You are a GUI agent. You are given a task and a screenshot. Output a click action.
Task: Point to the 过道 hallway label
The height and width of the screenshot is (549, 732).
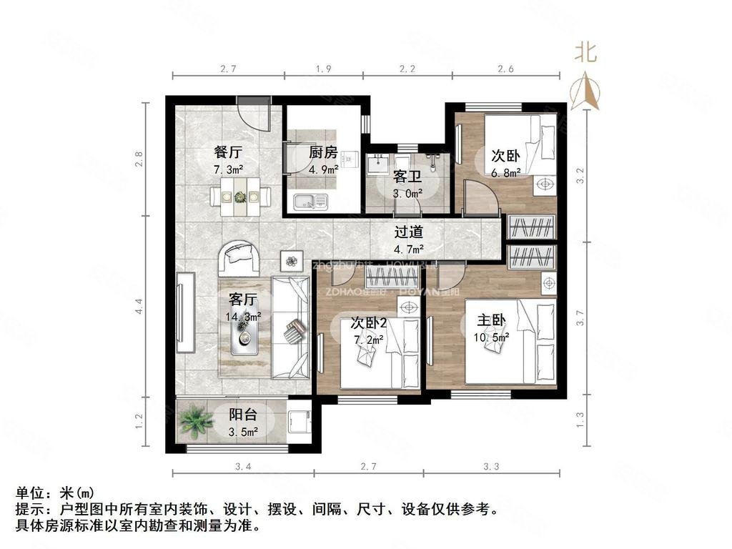[409, 232]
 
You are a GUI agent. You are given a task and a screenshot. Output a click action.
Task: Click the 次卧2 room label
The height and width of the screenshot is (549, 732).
[369, 322]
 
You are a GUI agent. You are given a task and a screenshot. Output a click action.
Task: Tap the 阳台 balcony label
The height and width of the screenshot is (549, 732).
[242, 415]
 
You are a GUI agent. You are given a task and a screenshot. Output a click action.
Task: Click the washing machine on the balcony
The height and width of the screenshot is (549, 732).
[298, 422]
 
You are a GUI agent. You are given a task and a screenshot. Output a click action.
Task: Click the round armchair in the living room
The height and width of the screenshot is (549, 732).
[241, 257]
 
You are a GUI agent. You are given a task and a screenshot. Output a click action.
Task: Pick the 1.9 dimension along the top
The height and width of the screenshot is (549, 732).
[323, 69]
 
